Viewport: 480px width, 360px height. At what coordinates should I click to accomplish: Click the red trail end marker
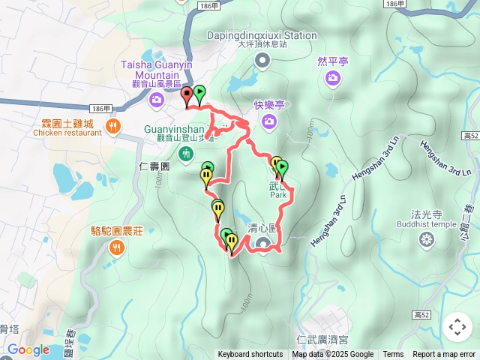tap(187, 94)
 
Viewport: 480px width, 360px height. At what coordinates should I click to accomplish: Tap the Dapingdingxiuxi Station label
tap(262, 35)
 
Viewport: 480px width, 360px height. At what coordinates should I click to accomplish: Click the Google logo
tap(28, 349)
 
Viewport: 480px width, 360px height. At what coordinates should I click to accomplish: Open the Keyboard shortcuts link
tap(250, 355)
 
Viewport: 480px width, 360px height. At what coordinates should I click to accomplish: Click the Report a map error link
tap(444, 355)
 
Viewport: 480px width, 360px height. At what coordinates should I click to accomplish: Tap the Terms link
tap(393, 355)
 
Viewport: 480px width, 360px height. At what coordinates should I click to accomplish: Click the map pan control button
tap(457, 327)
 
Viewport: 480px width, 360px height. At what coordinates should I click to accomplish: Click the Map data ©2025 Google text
tap(333, 355)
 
